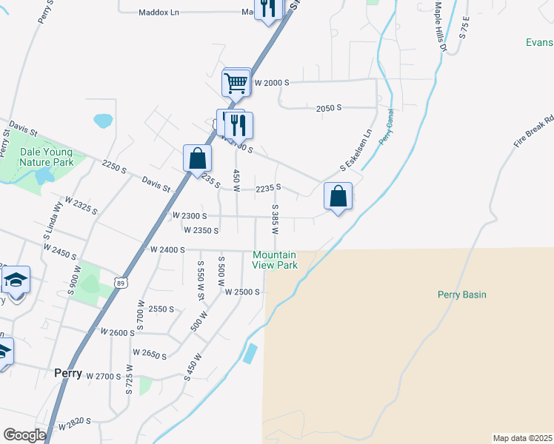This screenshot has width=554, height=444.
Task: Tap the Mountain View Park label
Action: tap(275, 260)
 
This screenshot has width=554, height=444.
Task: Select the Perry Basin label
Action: tap(461, 295)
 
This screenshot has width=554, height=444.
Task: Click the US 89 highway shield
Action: tap(121, 282)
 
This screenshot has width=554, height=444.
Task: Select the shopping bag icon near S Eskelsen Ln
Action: tap(338, 196)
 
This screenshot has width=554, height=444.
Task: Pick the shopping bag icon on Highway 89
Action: tap(197, 158)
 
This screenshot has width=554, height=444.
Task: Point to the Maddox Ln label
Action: tap(159, 13)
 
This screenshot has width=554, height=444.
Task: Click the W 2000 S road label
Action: tap(271, 84)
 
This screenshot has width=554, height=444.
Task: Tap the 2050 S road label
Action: tap(328, 108)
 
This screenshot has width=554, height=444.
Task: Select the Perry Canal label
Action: tap(387, 127)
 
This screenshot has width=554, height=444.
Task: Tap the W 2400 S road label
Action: tap(167, 250)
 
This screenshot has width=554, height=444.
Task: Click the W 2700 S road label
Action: tap(103, 377)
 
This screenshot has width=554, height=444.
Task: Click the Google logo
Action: tap(24, 435)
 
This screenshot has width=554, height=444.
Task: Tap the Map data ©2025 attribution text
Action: tap(523, 438)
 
